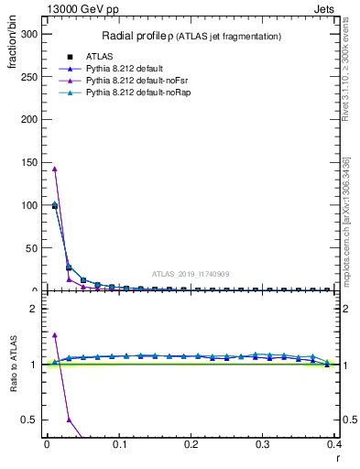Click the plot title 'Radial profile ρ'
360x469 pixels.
(x=140, y=36)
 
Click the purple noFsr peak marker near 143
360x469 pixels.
(x=55, y=169)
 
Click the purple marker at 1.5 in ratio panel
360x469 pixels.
(x=55, y=335)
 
